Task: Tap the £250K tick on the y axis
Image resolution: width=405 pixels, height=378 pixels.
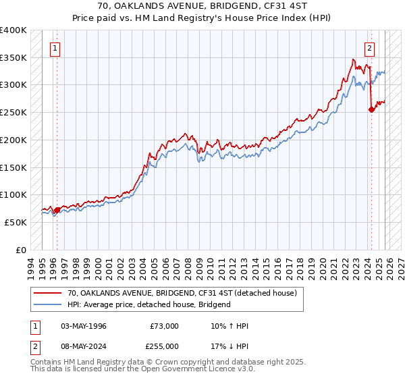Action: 13,113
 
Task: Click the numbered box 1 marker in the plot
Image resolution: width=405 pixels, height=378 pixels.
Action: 54,48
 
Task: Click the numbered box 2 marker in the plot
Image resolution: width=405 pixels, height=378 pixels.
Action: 370,48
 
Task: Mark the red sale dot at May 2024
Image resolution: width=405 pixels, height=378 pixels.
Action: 371,110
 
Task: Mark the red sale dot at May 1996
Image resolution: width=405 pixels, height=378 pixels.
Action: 57,210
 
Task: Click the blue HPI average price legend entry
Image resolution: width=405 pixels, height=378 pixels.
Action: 149,304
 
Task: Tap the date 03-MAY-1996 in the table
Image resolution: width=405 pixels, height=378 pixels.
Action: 84,326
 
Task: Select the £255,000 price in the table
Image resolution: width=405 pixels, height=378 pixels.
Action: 164,346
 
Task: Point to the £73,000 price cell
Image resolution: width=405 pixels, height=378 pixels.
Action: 164,326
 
